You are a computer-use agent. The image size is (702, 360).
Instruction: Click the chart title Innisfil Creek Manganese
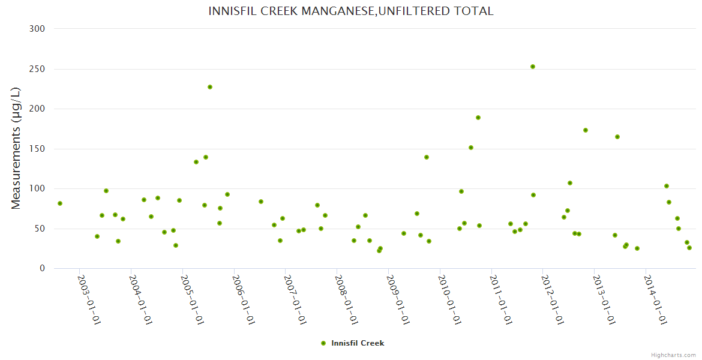[x=351, y=11]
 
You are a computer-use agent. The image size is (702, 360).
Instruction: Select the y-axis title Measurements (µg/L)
[x=16, y=148]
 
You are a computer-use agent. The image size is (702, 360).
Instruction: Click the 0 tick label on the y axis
[x=42, y=269]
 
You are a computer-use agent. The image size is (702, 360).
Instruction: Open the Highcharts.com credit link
[x=673, y=355]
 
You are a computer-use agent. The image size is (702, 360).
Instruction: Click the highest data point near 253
[x=533, y=67]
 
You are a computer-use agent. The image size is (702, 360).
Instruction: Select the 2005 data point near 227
[x=210, y=87]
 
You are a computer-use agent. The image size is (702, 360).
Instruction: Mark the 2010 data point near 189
[x=478, y=118]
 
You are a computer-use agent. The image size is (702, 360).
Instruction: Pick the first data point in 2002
[x=60, y=203]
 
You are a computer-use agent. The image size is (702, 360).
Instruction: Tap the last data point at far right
[x=689, y=248]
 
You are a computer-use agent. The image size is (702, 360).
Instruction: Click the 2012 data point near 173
[x=586, y=130]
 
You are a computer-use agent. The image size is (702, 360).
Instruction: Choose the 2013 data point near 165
[x=617, y=137]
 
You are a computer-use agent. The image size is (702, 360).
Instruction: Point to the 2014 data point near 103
[x=667, y=186]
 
